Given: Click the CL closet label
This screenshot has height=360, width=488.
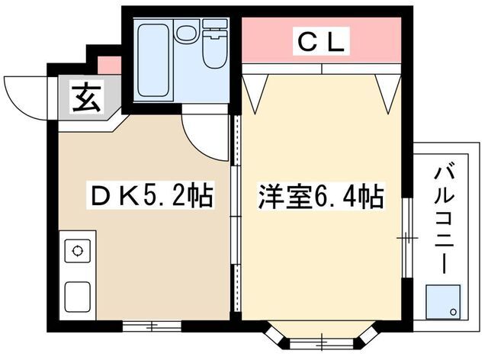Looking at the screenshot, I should tap(321, 41).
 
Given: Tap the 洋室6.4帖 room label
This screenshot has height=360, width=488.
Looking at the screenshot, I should tap(319, 198).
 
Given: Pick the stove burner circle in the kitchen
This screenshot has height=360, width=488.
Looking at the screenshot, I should tap(77, 250).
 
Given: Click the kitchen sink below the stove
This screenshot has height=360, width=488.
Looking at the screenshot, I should tap(77, 294).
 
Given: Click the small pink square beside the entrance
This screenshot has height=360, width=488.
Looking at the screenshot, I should tap(109, 65).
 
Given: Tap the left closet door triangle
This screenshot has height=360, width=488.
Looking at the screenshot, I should tap(255, 92).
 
